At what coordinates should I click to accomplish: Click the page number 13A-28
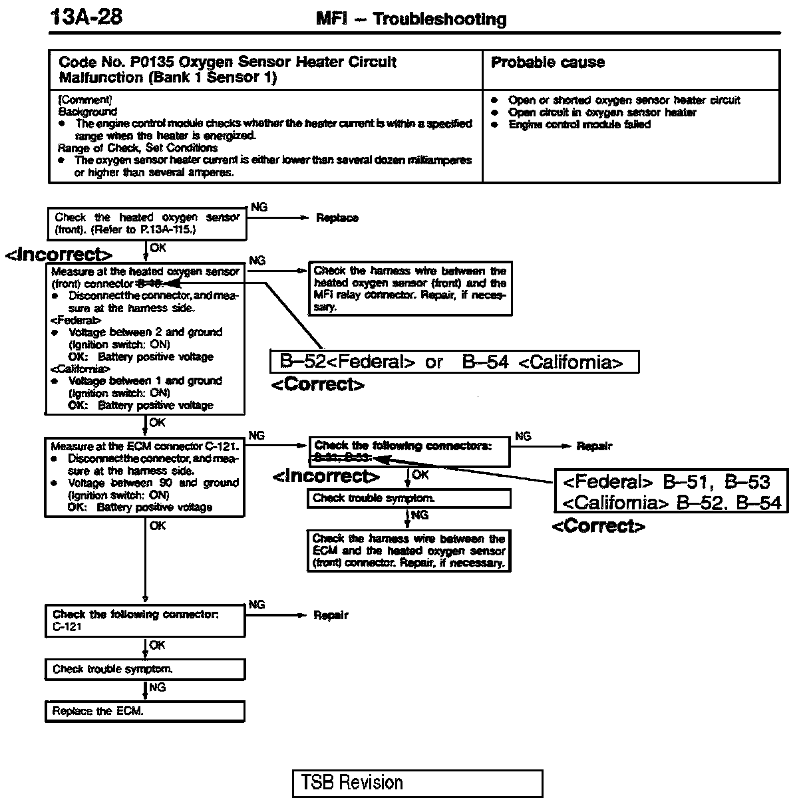(x=86, y=17)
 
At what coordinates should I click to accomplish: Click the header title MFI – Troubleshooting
(x=410, y=19)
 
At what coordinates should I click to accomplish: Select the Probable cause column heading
(x=548, y=63)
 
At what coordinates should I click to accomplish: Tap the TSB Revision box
(x=417, y=783)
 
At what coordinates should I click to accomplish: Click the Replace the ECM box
(x=144, y=711)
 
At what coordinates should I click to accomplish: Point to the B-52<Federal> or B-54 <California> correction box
(x=454, y=362)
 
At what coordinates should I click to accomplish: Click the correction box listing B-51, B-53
(x=671, y=491)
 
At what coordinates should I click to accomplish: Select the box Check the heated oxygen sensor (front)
(x=146, y=223)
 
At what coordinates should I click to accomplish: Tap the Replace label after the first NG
(x=337, y=218)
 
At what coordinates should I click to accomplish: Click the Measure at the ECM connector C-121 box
(x=144, y=476)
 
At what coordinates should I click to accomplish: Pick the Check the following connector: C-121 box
(x=144, y=620)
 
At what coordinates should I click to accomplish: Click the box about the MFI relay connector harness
(x=410, y=289)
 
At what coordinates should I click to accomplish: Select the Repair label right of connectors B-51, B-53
(x=594, y=446)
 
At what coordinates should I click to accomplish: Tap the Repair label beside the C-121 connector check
(x=331, y=616)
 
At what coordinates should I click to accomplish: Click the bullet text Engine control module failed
(x=579, y=124)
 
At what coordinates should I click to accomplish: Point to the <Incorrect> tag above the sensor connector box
(x=59, y=255)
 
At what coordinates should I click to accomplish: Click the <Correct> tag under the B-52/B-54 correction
(x=317, y=385)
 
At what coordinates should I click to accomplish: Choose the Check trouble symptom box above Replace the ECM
(x=144, y=669)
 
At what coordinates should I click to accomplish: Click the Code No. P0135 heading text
(x=228, y=69)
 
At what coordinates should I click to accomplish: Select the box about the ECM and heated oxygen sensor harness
(x=408, y=551)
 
